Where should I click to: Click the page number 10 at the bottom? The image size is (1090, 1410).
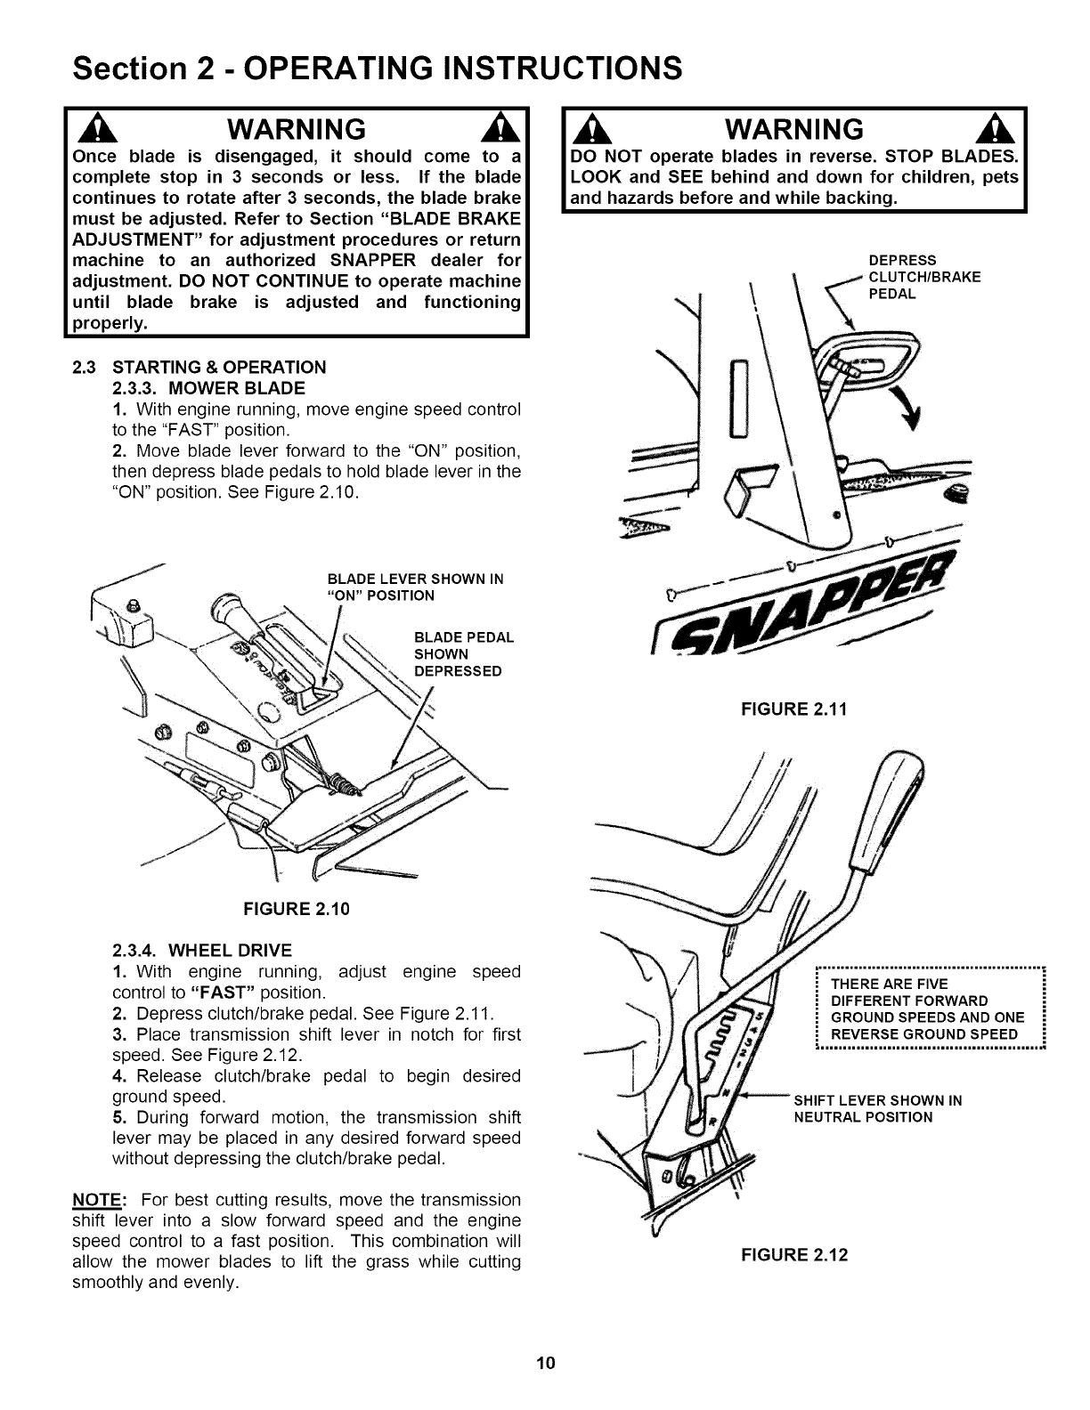pyautogui.click(x=545, y=1364)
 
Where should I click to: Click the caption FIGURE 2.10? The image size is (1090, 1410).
pyautogui.click(x=297, y=909)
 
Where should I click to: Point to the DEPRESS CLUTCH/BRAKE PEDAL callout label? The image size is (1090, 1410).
pyautogui.click(x=923, y=277)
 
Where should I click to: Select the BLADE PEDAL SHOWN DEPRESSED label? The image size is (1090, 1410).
pyautogui.click(x=464, y=654)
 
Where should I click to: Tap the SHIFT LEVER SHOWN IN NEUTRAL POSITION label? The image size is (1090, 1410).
pyautogui.click(x=877, y=1108)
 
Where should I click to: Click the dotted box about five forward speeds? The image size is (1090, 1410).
pyautogui.click(x=929, y=1009)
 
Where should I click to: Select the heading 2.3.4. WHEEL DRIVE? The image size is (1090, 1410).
pyautogui.click(x=202, y=950)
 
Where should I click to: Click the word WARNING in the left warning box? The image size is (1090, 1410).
pyautogui.click(x=297, y=130)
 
